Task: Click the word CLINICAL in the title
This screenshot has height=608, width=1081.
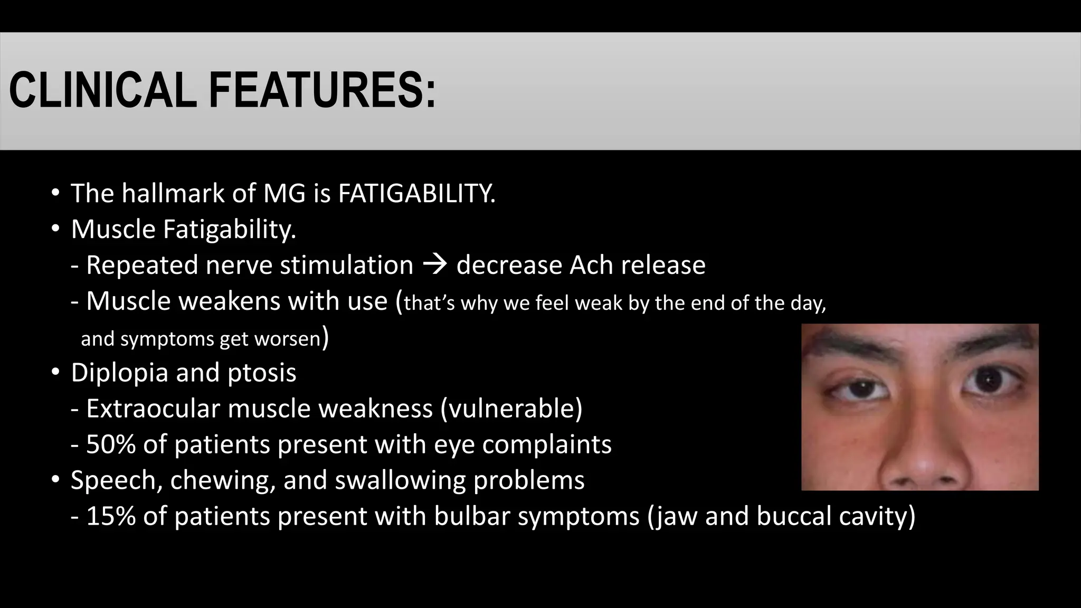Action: coord(102,90)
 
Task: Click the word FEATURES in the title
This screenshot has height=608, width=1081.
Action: coord(322,90)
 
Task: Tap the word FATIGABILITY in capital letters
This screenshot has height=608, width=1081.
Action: coord(416,193)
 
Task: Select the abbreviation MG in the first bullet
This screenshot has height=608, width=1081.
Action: coord(284,193)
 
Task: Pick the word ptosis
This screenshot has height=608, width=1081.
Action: coord(262,373)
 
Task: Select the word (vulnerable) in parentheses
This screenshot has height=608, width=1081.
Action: coord(511,408)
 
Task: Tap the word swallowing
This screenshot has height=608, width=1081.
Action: coord(400,480)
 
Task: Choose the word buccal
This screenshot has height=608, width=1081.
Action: coord(793,516)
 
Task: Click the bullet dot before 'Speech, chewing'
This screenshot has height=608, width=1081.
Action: coord(55,480)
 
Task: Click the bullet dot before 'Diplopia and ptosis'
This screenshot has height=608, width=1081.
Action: coord(55,373)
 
